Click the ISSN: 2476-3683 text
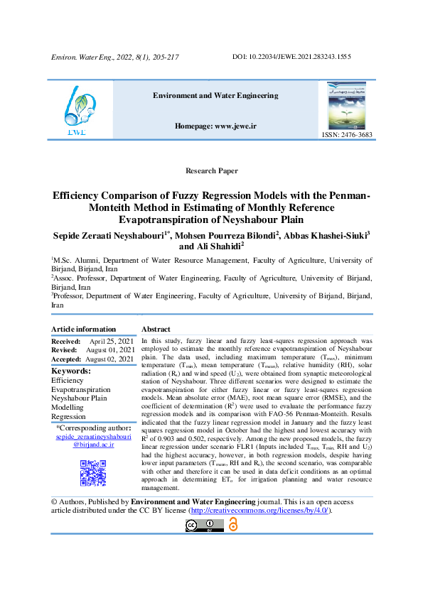click(346, 134)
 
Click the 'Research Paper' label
click(210, 172)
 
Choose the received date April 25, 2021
click(112, 341)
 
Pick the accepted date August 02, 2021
click(109, 359)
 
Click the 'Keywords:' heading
click(70, 371)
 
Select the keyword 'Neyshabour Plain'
click(79, 398)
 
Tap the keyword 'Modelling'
click(68, 408)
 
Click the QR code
click(94, 473)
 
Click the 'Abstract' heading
click(156, 330)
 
